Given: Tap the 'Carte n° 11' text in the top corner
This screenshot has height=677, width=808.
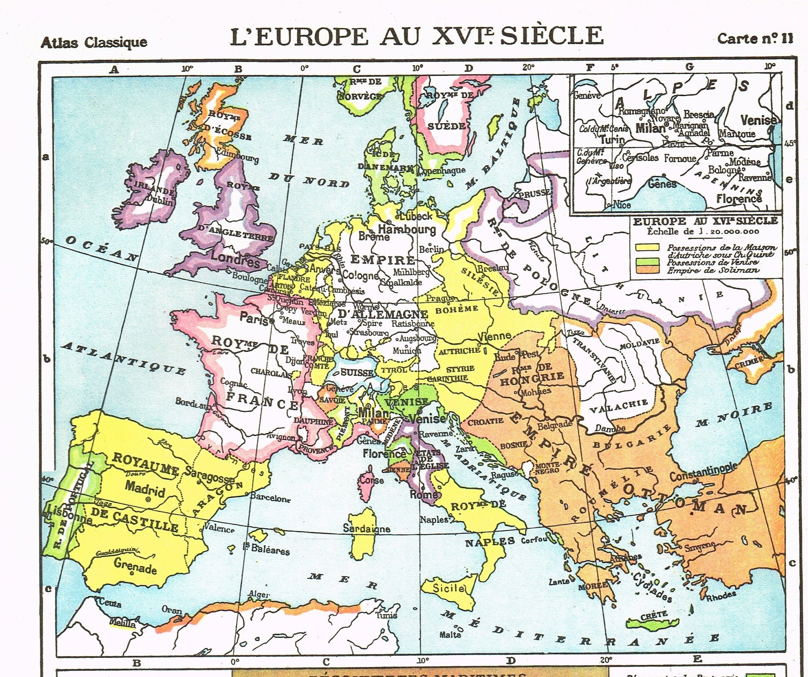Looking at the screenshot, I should point(755,39).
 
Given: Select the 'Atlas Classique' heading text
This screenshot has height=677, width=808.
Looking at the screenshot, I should point(94,42).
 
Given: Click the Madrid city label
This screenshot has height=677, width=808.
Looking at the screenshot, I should point(145,488).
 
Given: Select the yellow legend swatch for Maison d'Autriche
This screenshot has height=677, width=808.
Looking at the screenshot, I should point(647,247).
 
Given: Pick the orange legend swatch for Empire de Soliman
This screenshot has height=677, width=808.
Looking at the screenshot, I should point(647,269).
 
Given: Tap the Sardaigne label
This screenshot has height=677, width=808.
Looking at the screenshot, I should point(366,528).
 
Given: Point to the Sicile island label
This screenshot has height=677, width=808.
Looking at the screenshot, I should point(448,588).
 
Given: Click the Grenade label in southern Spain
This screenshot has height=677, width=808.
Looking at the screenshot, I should point(135,566).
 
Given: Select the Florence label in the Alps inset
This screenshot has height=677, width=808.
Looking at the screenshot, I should point(739,199).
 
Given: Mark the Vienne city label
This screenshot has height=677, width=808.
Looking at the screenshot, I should point(494,336).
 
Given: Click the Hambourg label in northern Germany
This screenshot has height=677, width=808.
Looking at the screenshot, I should point(406,229).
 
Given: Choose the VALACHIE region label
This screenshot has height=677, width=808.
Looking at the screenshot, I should point(619,405).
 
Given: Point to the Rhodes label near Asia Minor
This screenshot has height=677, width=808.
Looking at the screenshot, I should point(720,596).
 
